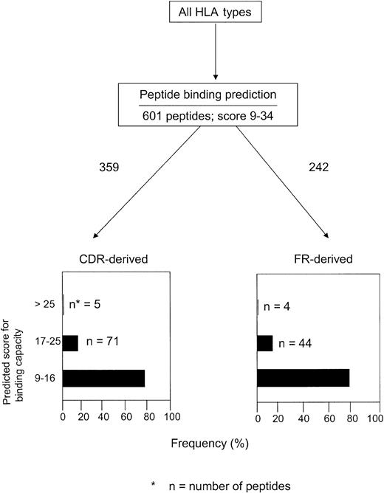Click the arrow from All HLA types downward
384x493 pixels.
(x=216, y=55)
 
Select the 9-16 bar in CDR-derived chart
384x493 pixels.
(x=104, y=379)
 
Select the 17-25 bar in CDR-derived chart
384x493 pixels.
(x=71, y=343)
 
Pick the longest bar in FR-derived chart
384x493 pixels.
(x=303, y=379)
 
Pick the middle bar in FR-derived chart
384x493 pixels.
(x=265, y=343)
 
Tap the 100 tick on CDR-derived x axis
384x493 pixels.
(x=171, y=416)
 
